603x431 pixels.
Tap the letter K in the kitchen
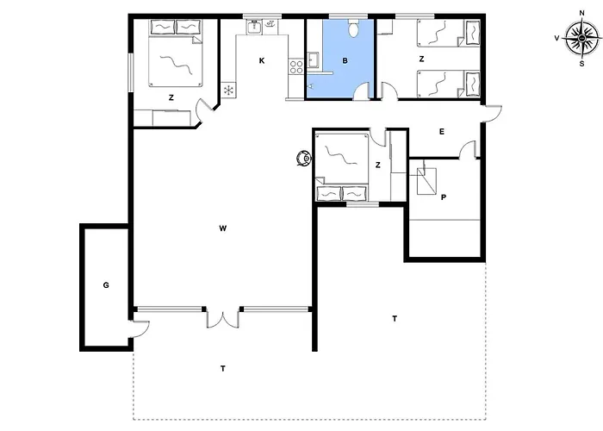pyautogui.click(x=262, y=60)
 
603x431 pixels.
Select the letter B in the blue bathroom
pyautogui.click(x=345, y=60)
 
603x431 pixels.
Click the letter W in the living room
pyautogui.click(x=222, y=228)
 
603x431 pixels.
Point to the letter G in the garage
pyautogui.click(x=105, y=284)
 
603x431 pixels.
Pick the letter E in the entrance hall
pyautogui.click(x=441, y=132)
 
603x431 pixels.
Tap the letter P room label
pyautogui.click(x=443, y=197)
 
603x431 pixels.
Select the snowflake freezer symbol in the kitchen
pyautogui.click(x=229, y=91)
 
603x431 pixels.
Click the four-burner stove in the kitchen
pyautogui.click(x=297, y=65)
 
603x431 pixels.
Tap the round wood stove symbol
pyautogui.click(x=303, y=159)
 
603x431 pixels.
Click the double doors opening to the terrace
pyautogui.click(x=222, y=318)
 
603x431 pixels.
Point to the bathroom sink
pyautogui.click(x=314, y=59)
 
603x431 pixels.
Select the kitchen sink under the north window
pyautogui.click(x=255, y=28)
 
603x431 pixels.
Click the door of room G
pyautogui.click(x=140, y=328)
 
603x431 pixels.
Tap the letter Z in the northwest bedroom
pyautogui.click(x=171, y=98)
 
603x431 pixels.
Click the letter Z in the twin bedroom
pyautogui.click(x=420, y=60)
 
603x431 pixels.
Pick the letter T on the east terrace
pyautogui.click(x=395, y=319)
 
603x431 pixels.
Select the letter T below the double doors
pyautogui.click(x=222, y=369)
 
